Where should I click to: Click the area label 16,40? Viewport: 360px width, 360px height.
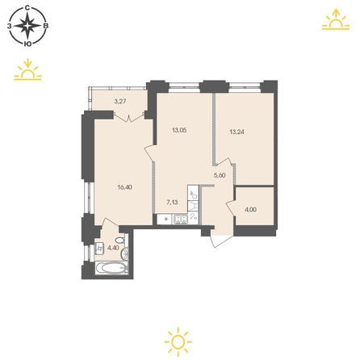click(125, 187)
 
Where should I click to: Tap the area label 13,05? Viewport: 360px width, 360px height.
click(179, 130)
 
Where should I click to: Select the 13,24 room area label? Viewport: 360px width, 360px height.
click(237, 132)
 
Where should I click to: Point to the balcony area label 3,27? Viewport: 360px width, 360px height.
click(120, 102)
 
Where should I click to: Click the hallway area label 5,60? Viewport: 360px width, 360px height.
click(220, 175)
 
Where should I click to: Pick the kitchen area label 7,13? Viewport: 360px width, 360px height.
click(172, 203)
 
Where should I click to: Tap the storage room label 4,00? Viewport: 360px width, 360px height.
click(250, 210)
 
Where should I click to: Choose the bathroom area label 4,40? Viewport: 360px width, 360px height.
click(113, 248)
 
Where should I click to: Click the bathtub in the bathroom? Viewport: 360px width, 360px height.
click(111, 268)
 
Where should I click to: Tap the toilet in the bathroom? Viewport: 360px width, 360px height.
click(119, 240)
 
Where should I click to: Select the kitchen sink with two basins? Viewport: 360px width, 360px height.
click(181, 220)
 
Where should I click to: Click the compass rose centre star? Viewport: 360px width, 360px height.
click(27, 26)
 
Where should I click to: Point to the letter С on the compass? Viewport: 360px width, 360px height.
click(27, 8)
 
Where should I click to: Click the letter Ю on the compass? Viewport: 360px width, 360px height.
click(27, 44)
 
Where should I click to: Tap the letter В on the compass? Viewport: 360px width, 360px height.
click(46, 26)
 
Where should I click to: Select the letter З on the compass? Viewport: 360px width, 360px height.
click(10, 26)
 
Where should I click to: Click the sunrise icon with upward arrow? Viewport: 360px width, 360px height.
click(336, 19)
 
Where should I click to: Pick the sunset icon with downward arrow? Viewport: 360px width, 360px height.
click(27, 69)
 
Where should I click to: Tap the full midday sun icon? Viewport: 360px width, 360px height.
click(178, 342)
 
